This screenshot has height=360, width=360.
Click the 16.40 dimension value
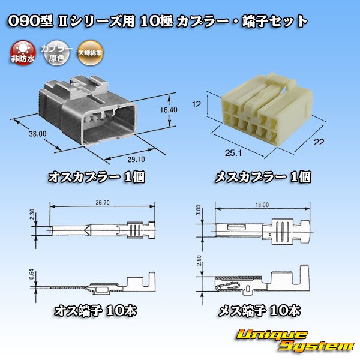168,111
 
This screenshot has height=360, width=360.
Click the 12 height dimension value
195,104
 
